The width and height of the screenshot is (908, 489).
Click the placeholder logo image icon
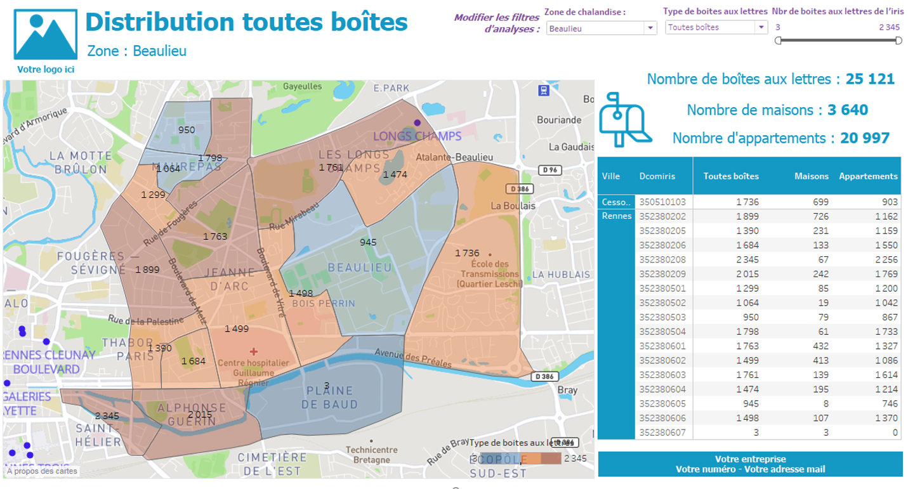click(x=45, y=35)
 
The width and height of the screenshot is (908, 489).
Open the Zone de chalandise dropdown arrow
click(x=650, y=28)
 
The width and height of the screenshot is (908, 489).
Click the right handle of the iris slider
click(x=898, y=41)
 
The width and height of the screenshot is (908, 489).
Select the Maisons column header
click(x=811, y=176)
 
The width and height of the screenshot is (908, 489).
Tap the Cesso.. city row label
click(x=616, y=202)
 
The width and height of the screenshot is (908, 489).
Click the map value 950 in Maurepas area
click(x=187, y=130)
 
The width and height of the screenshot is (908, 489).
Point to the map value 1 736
click(x=467, y=253)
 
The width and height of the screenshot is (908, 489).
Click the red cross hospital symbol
click(x=254, y=351)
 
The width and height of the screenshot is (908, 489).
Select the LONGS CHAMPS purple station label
click(x=417, y=136)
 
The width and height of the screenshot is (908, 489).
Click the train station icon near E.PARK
click(x=543, y=90)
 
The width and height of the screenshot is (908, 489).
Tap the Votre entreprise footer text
click(x=750, y=459)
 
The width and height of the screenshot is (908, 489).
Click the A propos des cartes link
click(x=42, y=471)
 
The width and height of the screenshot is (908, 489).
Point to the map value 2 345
click(x=107, y=416)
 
